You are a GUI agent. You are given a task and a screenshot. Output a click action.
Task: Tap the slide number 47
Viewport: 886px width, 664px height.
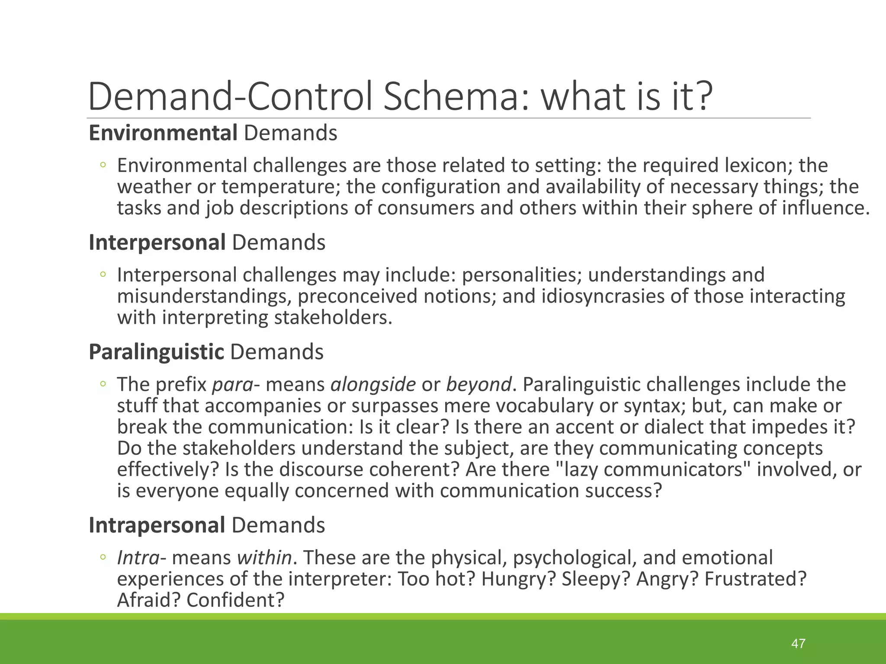[x=798, y=643]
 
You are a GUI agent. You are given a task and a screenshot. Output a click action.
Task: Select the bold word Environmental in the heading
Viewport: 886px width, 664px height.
[x=163, y=133]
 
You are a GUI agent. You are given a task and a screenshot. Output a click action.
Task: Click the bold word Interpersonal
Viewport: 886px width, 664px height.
[x=157, y=242]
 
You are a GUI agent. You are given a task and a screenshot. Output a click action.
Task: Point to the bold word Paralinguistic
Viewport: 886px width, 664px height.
[x=156, y=351]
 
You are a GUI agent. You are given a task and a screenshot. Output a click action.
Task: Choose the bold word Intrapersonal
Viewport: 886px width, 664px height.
[x=157, y=525]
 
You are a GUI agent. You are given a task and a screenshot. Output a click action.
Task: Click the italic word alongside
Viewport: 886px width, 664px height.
[x=373, y=384]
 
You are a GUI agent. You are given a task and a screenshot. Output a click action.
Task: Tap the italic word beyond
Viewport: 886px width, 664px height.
[x=478, y=384]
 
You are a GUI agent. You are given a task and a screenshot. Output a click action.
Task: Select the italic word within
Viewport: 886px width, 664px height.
[x=264, y=558]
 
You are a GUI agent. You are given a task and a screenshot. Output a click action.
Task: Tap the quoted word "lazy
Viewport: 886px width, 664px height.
[x=575, y=469]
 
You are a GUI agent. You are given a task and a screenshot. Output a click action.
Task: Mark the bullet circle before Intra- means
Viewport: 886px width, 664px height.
[x=103, y=558]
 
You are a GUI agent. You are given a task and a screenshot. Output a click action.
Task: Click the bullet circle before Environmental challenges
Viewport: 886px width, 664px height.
[x=103, y=165]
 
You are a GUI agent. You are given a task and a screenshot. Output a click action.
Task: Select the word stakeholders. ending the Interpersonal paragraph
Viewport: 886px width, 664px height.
[x=333, y=318]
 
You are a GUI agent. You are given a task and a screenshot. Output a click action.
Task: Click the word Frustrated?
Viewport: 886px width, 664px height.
[x=755, y=579]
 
